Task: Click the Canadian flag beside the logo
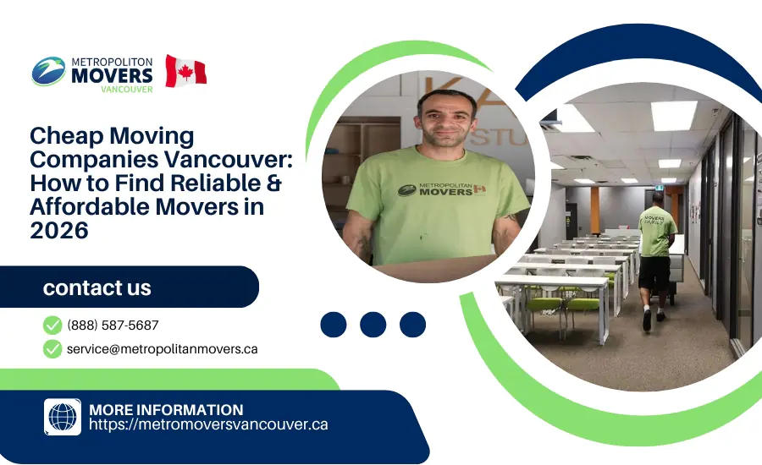click(x=185, y=71)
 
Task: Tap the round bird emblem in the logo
click(x=48, y=71)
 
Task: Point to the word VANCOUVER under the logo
click(x=126, y=89)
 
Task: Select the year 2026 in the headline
click(x=59, y=229)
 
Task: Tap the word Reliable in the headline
click(x=221, y=183)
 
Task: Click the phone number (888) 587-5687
click(x=113, y=325)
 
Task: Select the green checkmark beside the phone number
click(x=52, y=325)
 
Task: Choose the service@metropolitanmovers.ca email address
click(x=162, y=348)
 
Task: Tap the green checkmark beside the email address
click(x=52, y=348)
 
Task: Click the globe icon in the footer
click(x=63, y=417)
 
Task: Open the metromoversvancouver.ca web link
click(x=207, y=424)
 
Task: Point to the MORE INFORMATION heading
click(x=166, y=409)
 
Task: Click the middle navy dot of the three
click(x=373, y=325)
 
